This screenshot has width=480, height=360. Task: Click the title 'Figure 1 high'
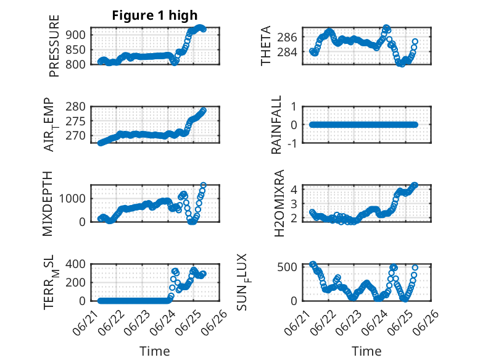coord(155,15)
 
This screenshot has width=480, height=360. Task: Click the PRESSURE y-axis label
coord(54,46)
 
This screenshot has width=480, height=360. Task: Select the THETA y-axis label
coord(266,46)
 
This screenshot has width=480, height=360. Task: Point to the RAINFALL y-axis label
coord(276,125)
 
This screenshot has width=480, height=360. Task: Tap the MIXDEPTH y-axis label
coord(48,204)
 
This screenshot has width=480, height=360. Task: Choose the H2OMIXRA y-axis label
coord(279,203)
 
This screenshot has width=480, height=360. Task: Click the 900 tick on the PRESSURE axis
coord(76,35)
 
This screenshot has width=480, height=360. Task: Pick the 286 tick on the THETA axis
coord(287,38)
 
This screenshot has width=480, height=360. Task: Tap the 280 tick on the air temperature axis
coord(76,107)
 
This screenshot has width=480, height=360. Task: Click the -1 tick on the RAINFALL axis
coord(292,143)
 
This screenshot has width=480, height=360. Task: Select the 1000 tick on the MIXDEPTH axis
coord(72,199)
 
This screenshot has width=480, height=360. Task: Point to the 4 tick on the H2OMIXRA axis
coord(294,189)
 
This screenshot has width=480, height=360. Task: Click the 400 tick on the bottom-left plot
coord(76,264)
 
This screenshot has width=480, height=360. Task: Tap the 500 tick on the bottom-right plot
coord(287,267)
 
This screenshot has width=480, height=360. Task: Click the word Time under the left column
coord(155,351)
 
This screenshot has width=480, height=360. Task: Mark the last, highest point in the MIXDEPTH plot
coord(203,185)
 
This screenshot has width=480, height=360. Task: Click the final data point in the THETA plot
coord(415,41)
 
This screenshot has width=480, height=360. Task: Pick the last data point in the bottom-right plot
coord(415,267)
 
